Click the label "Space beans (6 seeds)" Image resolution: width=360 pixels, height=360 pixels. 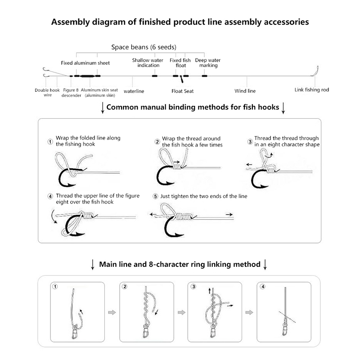click(x=144, y=47)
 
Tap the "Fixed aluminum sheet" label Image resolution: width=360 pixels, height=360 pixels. click(x=85, y=63)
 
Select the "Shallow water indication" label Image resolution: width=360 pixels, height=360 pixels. click(x=146, y=63)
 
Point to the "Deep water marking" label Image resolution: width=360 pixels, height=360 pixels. click(x=207, y=63)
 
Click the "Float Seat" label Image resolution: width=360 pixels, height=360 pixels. click(x=182, y=91)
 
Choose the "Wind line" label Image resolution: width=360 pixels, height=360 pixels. click(x=245, y=91)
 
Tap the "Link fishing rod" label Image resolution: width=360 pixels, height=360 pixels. click(x=311, y=90)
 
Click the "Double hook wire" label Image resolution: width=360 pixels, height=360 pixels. click(x=47, y=92)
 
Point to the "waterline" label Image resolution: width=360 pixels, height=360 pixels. click(x=134, y=91)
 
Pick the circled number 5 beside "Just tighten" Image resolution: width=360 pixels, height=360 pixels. click(x=156, y=197)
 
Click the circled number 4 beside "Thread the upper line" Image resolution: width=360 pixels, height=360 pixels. click(x=50, y=197)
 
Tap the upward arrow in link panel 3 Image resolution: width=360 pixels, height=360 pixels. click(x=210, y=292)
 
